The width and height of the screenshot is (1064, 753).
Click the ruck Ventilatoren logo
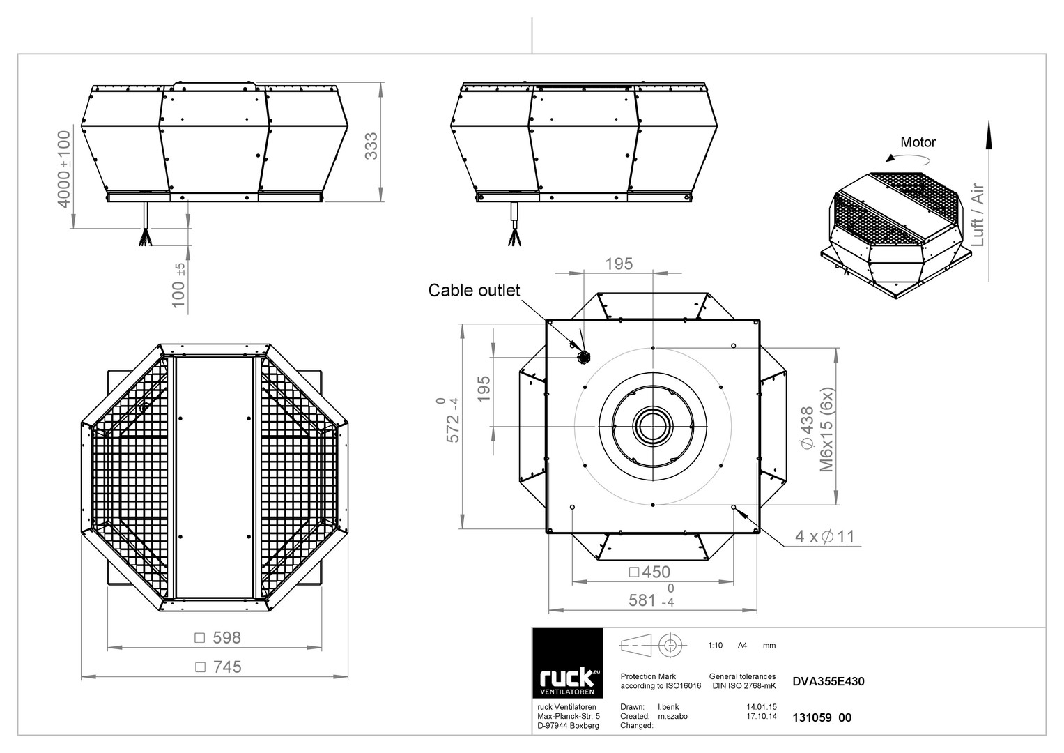[x=567, y=662]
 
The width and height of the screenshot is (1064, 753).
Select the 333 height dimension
[x=371, y=146]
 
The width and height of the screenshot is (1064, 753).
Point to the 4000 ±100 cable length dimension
[x=63, y=169]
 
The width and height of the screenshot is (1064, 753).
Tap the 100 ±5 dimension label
[x=178, y=286]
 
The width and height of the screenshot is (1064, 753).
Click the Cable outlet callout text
[x=474, y=290]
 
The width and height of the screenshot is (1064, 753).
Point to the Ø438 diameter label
[x=807, y=428]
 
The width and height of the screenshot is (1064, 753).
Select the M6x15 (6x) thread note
[x=826, y=429]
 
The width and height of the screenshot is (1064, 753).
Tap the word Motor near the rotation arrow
[x=918, y=142]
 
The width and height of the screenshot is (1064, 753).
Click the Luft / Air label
[x=978, y=215]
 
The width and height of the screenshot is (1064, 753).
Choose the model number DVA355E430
[x=828, y=681]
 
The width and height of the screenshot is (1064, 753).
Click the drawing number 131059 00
[x=822, y=717]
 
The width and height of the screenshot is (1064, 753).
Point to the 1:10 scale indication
[x=715, y=645]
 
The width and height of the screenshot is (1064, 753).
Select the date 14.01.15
[x=762, y=707]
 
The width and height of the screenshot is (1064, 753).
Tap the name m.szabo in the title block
[x=672, y=716]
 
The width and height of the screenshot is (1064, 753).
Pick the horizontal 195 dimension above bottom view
[x=619, y=264]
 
